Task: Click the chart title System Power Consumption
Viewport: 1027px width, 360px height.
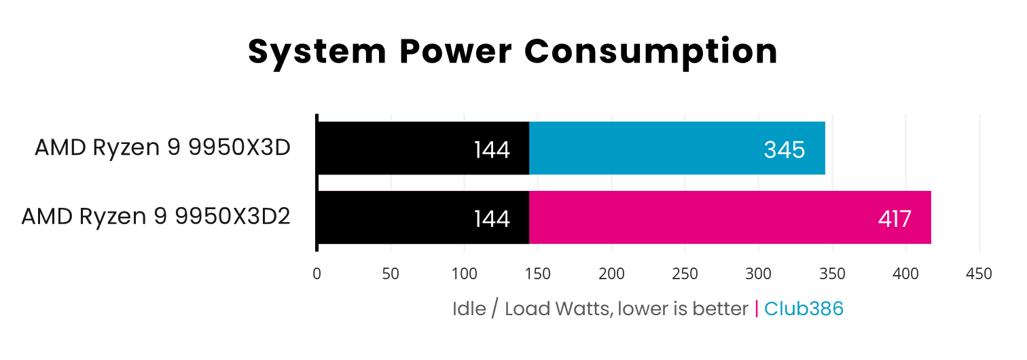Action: [513, 52]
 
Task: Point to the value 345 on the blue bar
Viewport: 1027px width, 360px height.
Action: [784, 149]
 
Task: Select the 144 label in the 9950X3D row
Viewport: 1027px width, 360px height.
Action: [491, 149]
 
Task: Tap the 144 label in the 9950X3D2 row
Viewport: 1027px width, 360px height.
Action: [491, 219]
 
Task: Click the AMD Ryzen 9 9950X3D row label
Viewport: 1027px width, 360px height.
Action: [162, 147]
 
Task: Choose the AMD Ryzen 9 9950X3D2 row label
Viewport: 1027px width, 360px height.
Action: [156, 217]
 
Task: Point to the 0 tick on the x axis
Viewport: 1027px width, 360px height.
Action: [317, 274]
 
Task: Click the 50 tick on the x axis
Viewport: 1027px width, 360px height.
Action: [390, 274]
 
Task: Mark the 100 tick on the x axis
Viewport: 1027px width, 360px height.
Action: [464, 274]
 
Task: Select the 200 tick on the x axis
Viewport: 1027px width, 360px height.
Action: [611, 274]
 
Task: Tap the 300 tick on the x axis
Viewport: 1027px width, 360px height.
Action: [758, 274]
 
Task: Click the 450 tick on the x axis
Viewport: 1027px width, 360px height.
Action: [979, 274]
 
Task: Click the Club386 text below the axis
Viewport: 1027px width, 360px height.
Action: [804, 309]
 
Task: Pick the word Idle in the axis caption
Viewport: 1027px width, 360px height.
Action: [469, 309]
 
